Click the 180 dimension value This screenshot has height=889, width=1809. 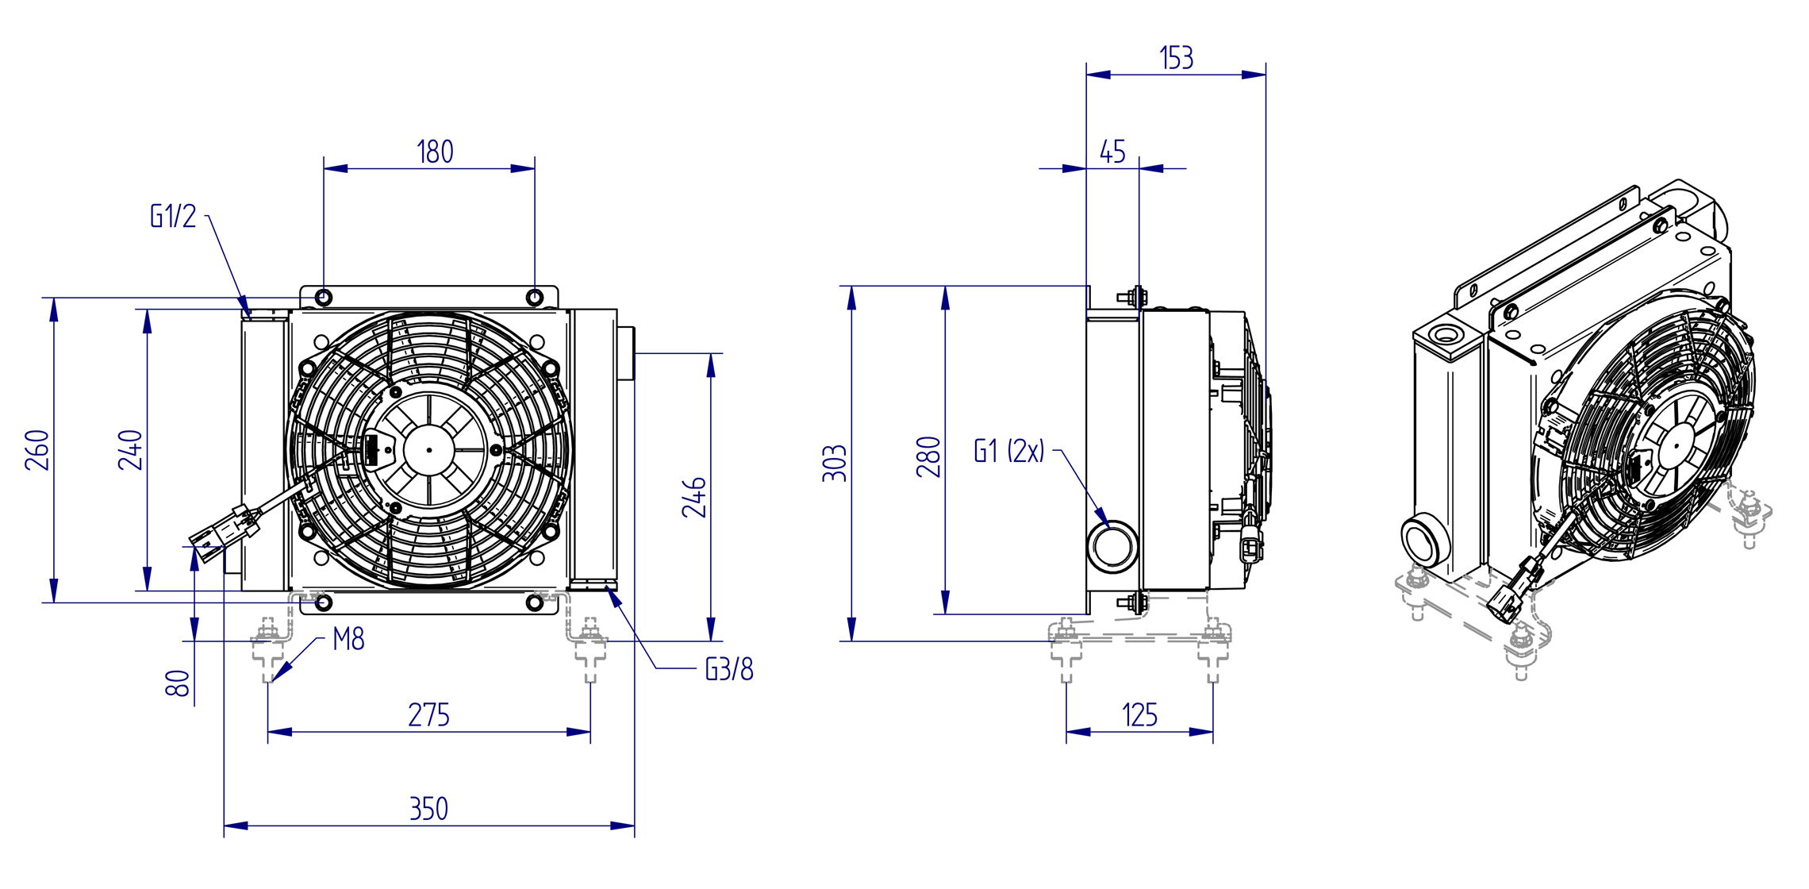click(x=435, y=152)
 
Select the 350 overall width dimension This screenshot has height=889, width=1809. click(x=428, y=809)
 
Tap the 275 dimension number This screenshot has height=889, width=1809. click(x=428, y=715)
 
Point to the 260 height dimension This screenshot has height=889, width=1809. click(x=37, y=450)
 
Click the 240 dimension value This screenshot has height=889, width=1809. click(x=130, y=450)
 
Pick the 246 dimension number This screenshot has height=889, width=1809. click(x=694, y=498)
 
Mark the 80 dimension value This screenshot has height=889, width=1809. click(x=178, y=683)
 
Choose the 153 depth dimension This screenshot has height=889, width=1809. click(x=1176, y=59)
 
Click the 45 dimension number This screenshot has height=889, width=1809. click(x=1112, y=152)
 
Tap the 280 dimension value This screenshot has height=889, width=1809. click(x=928, y=456)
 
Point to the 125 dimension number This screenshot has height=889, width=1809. click(x=1139, y=715)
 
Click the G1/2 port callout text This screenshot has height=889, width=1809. click(x=173, y=216)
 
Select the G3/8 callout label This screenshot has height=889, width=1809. click(x=729, y=670)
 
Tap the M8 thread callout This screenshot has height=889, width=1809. click(x=349, y=639)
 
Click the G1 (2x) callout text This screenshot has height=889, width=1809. click(x=1009, y=451)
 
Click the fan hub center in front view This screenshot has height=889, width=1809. click(x=429, y=450)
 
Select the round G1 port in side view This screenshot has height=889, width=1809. click(x=1112, y=546)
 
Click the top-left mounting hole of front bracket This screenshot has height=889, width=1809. click(x=324, y=298)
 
